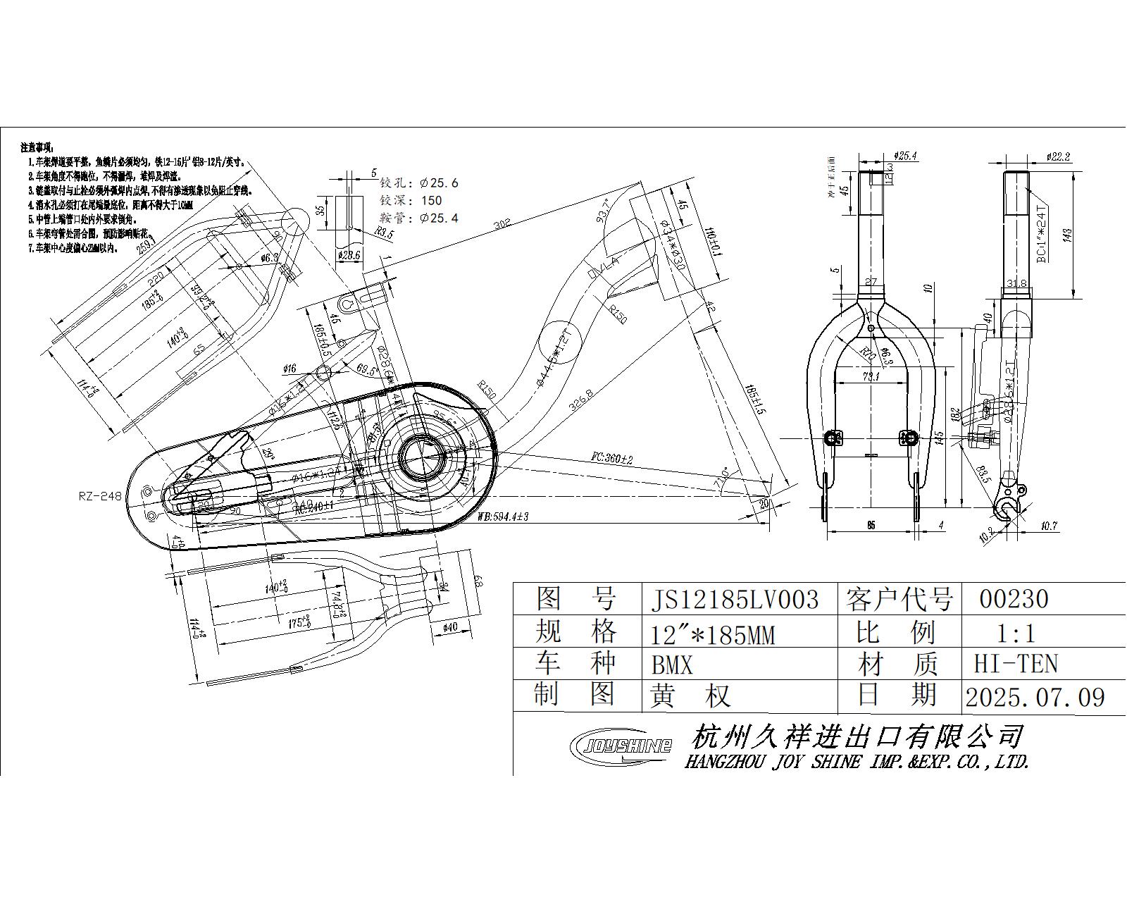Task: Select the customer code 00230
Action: pyautogui.click(x=1014, y=600)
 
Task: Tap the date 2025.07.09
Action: pyautogui.click(x=1034, y=697)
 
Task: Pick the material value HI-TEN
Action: pyautogui.click(x=1015, y=664)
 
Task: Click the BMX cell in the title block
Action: pyautogui.click(x=672, y=665)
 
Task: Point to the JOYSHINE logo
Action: pyautogui.click(x=620, y=744)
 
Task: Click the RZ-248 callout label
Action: pyautogui.click(x=100, y=496)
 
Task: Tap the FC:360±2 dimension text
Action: pyautogui.click(x=611, y=459)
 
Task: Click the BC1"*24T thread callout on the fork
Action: pyautogui.click(x=1042, y=233)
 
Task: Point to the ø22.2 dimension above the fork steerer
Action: pyautogui.click(x=1058, y=156)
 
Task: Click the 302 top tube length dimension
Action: pyautogui.click(x=502, y=225)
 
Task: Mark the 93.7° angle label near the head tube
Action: pyautogui.click(x=604, y=209)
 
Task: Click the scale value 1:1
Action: pyautogui.click(x=1014, y=633)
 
